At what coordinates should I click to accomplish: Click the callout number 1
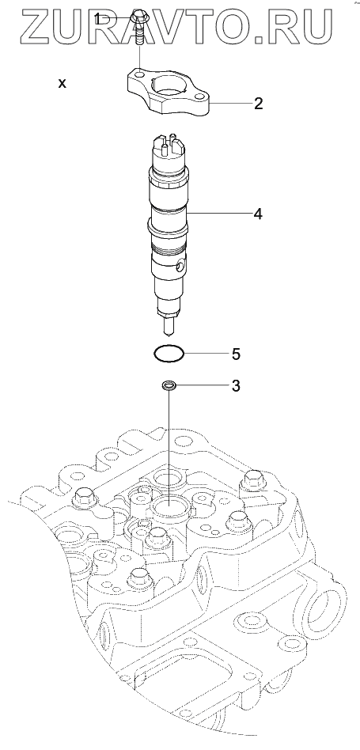tap(97, 19)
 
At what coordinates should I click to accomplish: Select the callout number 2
tap(258, 104)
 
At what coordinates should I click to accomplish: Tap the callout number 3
tap(235, 386)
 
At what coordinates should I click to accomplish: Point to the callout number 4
tap(258, 214)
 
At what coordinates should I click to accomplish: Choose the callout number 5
tap(236, 354)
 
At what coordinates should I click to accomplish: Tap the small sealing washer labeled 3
tap(169, 384)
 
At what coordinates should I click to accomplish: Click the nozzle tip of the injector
tap(169, 328)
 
